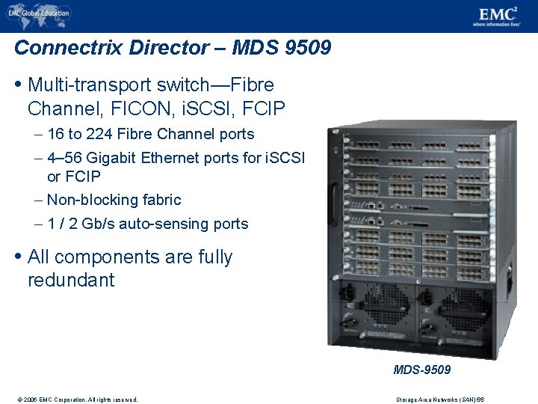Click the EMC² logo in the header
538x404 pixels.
(496, 14)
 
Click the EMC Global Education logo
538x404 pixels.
(39, 13)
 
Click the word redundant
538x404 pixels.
(71, 281)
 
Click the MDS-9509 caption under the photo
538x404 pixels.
(422, 370)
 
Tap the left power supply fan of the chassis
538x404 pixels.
(383, 305)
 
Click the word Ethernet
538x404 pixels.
(179, 158)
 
